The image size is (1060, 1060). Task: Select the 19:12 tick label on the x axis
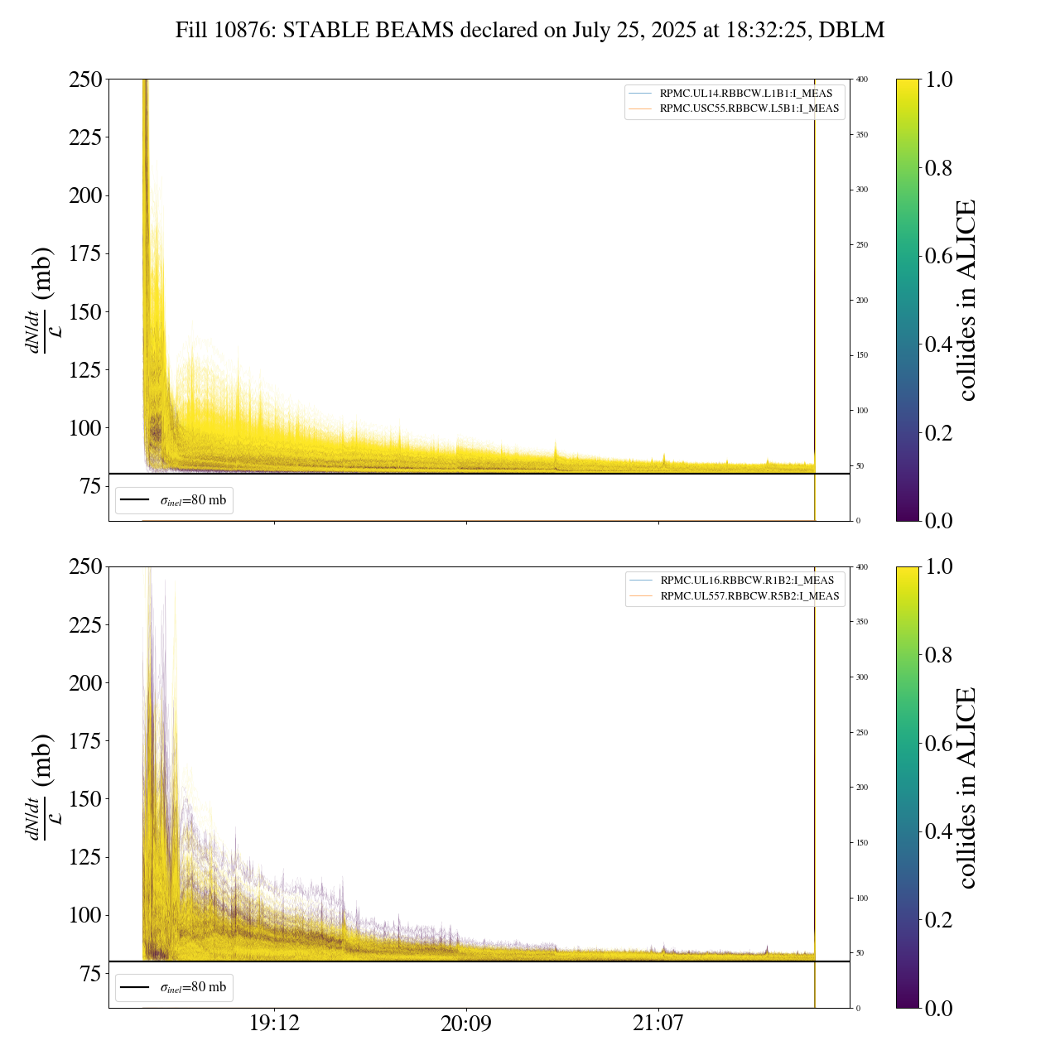(274, 1024)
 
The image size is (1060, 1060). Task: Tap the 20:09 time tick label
(466, 1024)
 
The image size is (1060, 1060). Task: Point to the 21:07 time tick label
(658, 1024)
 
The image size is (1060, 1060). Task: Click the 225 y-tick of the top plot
(85, 137)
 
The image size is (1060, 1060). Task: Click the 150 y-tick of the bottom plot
(85, 799)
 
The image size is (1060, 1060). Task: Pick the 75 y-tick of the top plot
(92, 486)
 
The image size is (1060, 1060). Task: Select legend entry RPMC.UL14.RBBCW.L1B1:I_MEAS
(745, 94)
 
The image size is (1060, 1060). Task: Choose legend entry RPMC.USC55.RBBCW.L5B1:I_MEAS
(749, 108)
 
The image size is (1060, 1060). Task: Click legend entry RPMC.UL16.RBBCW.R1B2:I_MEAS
(746, 581)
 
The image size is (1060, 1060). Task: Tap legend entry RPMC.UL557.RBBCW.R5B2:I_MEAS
(749, 596)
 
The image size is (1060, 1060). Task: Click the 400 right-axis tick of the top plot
(862, 79)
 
